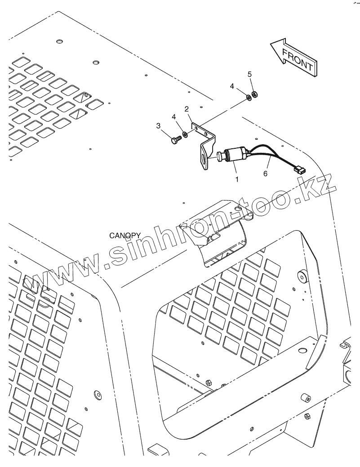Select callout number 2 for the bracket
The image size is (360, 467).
(186, 109)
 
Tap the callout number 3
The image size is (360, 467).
(158, 126)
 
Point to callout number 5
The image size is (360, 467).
(250, 74)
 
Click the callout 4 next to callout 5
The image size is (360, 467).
(232, 85)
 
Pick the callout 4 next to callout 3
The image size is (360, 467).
(173, 117)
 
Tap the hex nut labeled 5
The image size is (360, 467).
(253, 94)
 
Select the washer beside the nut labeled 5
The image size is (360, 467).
(248, 97)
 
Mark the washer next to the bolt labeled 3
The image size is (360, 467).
(185, 134)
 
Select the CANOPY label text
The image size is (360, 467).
(125, 236)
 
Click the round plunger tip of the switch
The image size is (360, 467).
(219, 157)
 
